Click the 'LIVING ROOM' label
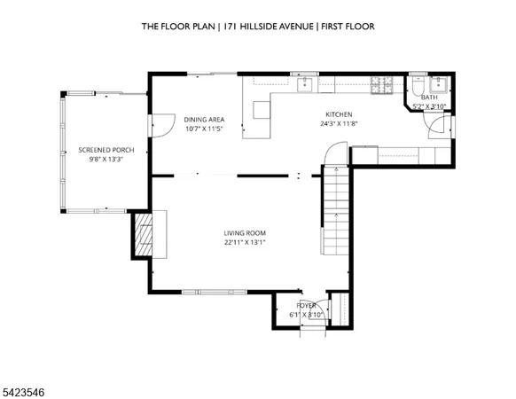[x=244, y=233]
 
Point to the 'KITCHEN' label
[x=339, y=114]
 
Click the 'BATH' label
[x=429, y=98]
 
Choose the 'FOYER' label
[x=307, y=305]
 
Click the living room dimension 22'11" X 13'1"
[x=244, y=242]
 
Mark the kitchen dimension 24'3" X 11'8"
[x=339, y=124]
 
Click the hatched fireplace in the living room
[x=142, y=233]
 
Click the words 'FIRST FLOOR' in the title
[x=346, y=27]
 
